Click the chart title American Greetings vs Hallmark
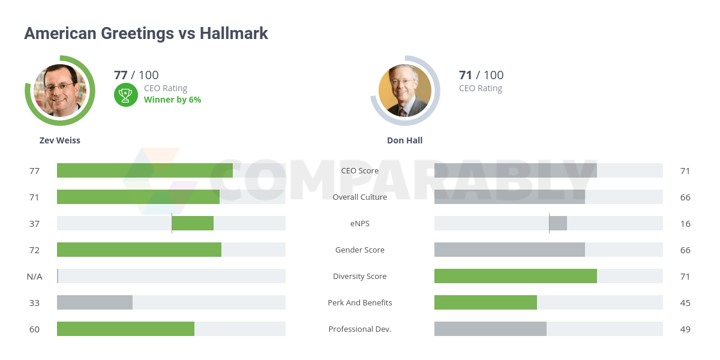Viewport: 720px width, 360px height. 146,34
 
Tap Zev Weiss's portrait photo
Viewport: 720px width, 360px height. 60,91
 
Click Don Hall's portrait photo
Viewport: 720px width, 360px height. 405,91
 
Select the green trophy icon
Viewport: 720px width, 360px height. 125,94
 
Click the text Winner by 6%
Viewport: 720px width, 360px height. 172,100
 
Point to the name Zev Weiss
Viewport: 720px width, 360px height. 60,140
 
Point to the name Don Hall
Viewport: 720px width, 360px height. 405,140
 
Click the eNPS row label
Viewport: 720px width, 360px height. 360,223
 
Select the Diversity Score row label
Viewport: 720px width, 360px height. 360,276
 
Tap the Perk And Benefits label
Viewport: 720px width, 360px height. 360,302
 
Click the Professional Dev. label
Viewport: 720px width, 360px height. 360,329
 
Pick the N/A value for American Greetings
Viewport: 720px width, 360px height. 34,276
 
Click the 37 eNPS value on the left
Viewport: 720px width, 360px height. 34,223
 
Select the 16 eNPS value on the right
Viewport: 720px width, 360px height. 685,223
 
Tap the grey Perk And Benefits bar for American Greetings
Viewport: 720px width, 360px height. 95,302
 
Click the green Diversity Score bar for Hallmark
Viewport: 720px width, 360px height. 515,276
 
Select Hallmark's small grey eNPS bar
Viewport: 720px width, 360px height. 558,223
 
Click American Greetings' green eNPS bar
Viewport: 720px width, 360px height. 193,223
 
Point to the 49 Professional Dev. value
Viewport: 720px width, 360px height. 685,329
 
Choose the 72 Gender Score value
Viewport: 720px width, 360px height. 34,250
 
